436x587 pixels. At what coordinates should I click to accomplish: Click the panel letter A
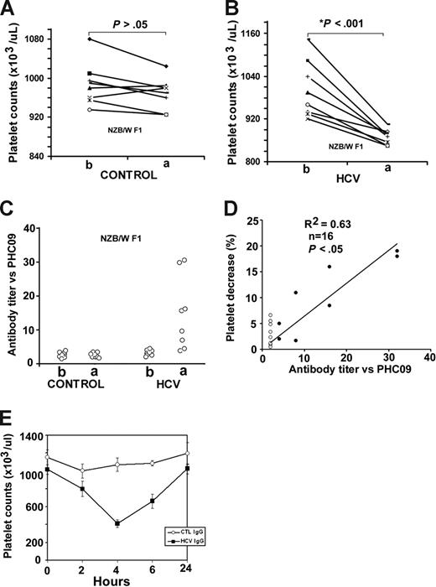[9, 10]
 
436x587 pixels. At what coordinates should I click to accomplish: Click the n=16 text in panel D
[320, 237]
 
